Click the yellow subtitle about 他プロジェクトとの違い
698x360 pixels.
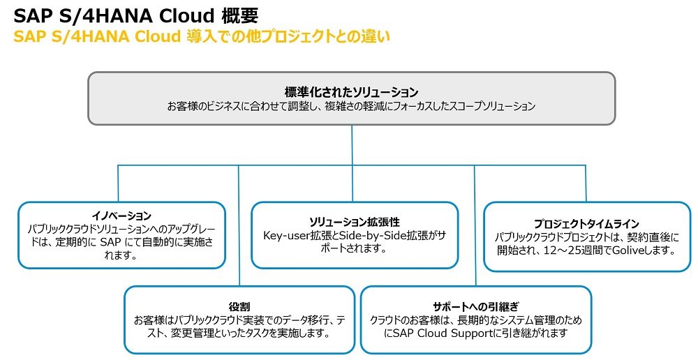tap(202, 36)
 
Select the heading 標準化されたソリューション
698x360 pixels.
tap(351, 92)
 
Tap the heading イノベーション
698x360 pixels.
tap(121, 216)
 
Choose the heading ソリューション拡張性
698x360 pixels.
tap(355, 222)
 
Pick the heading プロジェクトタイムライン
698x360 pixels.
tap(587, 224)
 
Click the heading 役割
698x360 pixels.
tap(239, 307)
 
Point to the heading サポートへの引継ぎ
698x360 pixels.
tap(476, 306)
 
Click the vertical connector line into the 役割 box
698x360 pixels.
tap(239, 225)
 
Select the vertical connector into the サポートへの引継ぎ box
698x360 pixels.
tap(475, 225)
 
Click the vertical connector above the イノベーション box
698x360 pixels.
tap(119, 183)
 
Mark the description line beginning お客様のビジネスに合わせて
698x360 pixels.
tap(351, 106)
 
